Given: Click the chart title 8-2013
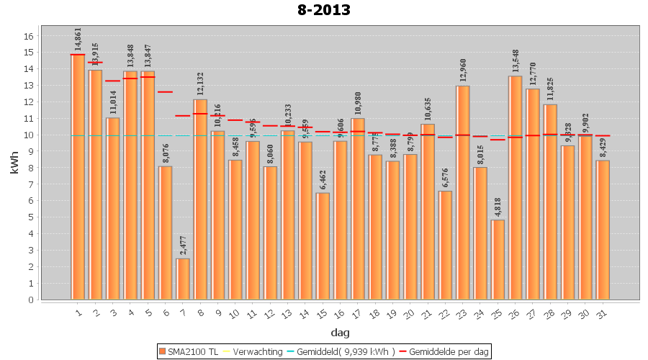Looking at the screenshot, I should coord(323,11).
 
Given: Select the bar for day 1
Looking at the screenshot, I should coord(78,176).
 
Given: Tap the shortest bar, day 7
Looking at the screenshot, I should coord(183,279).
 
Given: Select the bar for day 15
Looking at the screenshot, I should coord(323,246).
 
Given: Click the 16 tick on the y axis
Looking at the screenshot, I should coord(29,36).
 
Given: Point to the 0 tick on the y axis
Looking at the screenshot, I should coord(29,300).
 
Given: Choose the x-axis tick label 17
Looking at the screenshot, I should coord(358,312).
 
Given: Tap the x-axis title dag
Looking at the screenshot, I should coord(340,333).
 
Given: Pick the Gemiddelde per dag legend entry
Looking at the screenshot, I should coord(446,351).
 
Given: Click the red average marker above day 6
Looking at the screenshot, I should coord(166,92).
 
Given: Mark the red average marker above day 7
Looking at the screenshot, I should coord(183,116).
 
